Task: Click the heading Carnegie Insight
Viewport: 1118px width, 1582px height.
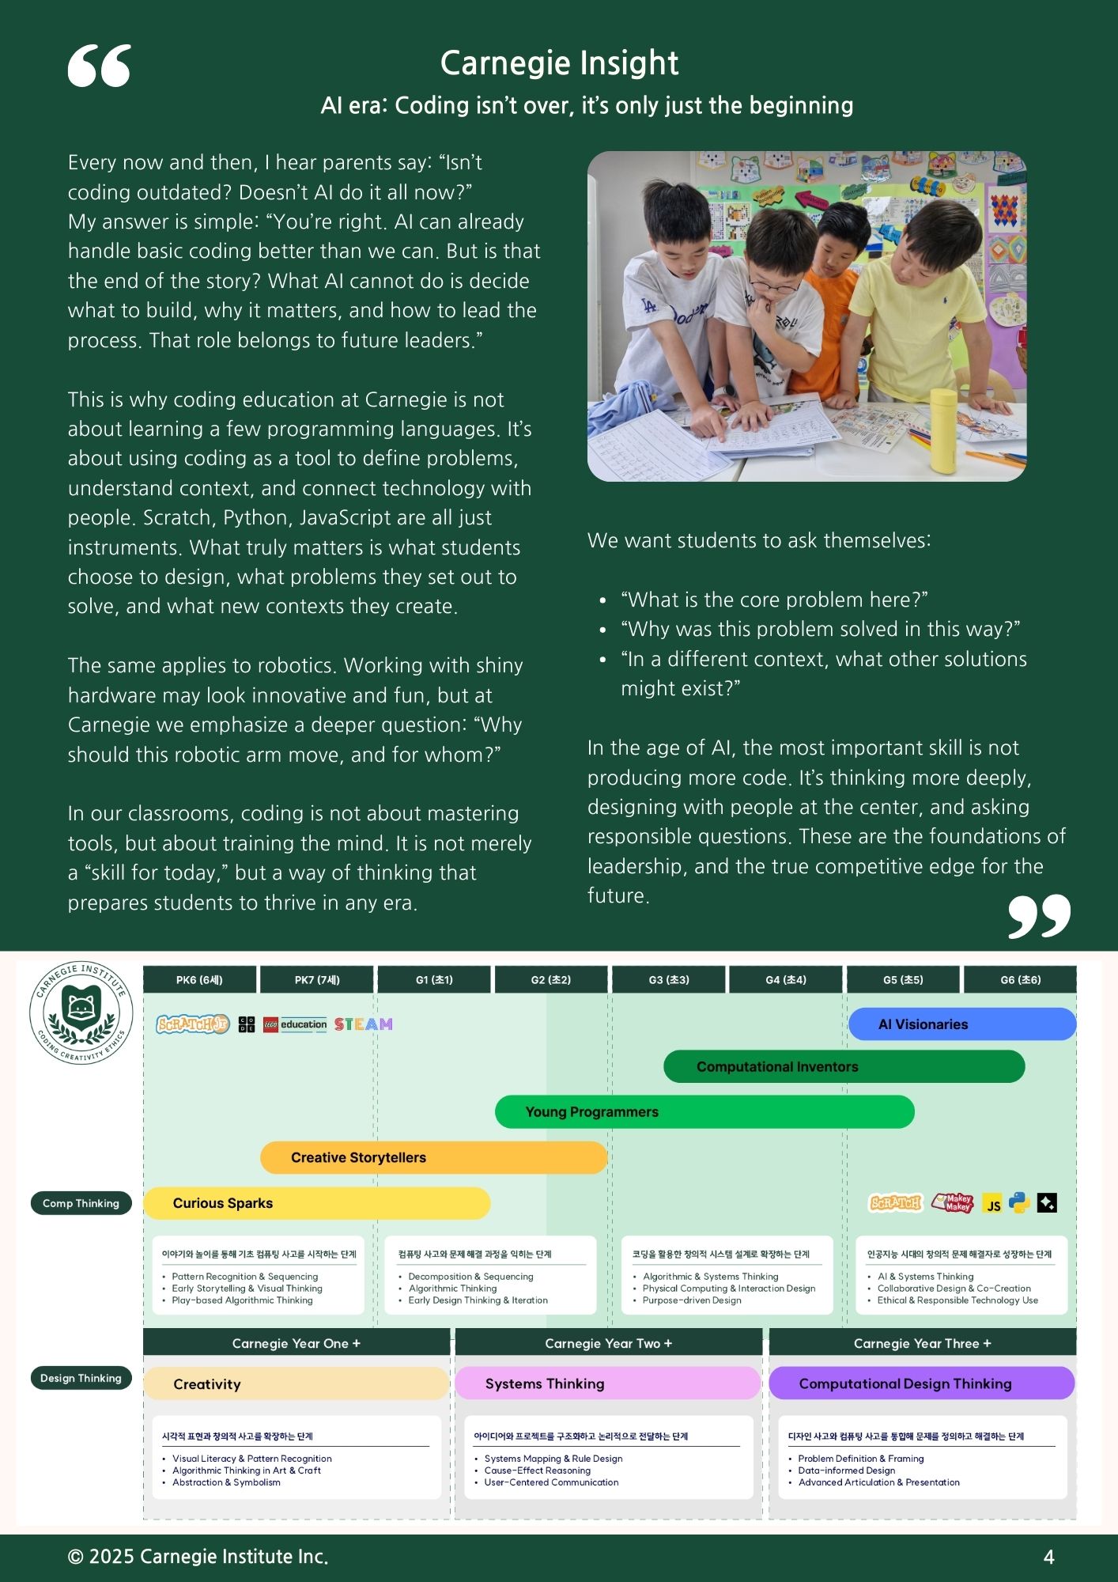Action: (559, 63)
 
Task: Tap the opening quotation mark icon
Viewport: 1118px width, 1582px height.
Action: (100, 66)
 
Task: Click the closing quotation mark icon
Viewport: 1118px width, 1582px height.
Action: (1039, 916)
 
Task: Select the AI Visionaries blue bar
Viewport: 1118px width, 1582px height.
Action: (961, 1024)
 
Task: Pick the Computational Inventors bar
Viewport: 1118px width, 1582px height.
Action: (844, 1067)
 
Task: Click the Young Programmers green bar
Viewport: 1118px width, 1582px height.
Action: (704, 1112)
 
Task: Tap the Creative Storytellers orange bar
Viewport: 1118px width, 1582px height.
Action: (433, 1158)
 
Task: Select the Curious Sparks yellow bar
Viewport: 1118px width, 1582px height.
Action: (316, 1203)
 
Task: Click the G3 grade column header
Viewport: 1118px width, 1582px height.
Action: (669, 980)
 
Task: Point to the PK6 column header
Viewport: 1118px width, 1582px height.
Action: (199, 980)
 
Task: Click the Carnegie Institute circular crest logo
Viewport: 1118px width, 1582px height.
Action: (81, 1012)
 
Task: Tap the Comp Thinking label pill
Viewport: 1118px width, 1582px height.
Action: (81, 1203)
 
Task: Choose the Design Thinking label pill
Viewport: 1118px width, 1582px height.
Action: (81, 1378)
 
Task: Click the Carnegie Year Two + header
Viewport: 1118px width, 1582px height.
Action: (608, 1343)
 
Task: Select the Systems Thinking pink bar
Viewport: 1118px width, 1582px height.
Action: (607, 1383)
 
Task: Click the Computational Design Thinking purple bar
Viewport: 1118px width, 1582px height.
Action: (921, 1383)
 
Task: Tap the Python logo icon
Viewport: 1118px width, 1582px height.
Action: (1019, 1203)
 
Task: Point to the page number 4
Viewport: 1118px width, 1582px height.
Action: (1048, 1557)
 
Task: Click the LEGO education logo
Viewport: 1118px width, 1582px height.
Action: (295, 1024)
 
